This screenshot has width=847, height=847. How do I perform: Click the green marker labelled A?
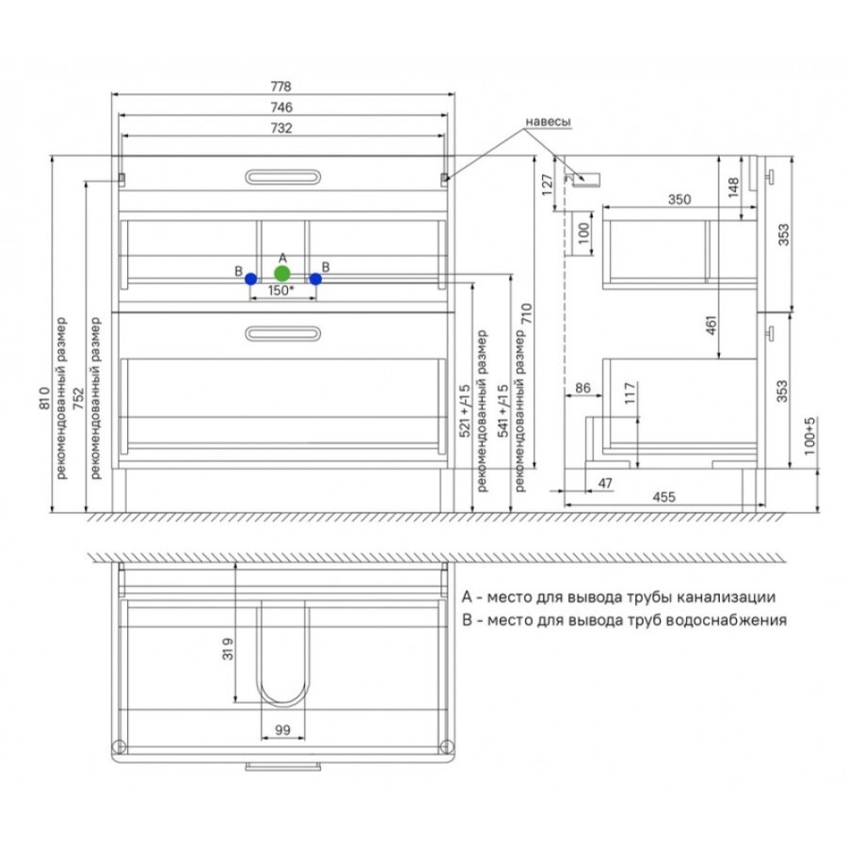pyautogui.click(x=282, y=273)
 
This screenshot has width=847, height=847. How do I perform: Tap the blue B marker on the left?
pyautogui.click(x=250, y=279)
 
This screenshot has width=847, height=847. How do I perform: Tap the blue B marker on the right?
pyautogui.click(x=315, y=279)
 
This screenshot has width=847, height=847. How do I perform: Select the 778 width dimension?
pyautogui.click(x=280, y=87)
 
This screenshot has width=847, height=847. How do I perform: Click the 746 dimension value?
pyautogui.click(x=281, y=107)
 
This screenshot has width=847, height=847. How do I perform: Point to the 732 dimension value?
pyautogui.click(x=281, y=128)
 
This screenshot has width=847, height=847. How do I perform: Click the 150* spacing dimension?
pyautogui.click(x=281, y=291)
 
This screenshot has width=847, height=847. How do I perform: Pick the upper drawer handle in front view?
pyautogui.click(x=283, y=177)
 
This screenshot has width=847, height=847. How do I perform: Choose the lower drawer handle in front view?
pyautogui.click(x=283, y=334)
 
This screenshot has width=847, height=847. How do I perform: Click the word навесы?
pyautogui.click(x=548, y=122)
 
